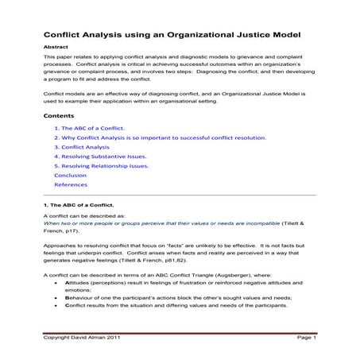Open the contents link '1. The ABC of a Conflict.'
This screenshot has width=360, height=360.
point(89,128)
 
